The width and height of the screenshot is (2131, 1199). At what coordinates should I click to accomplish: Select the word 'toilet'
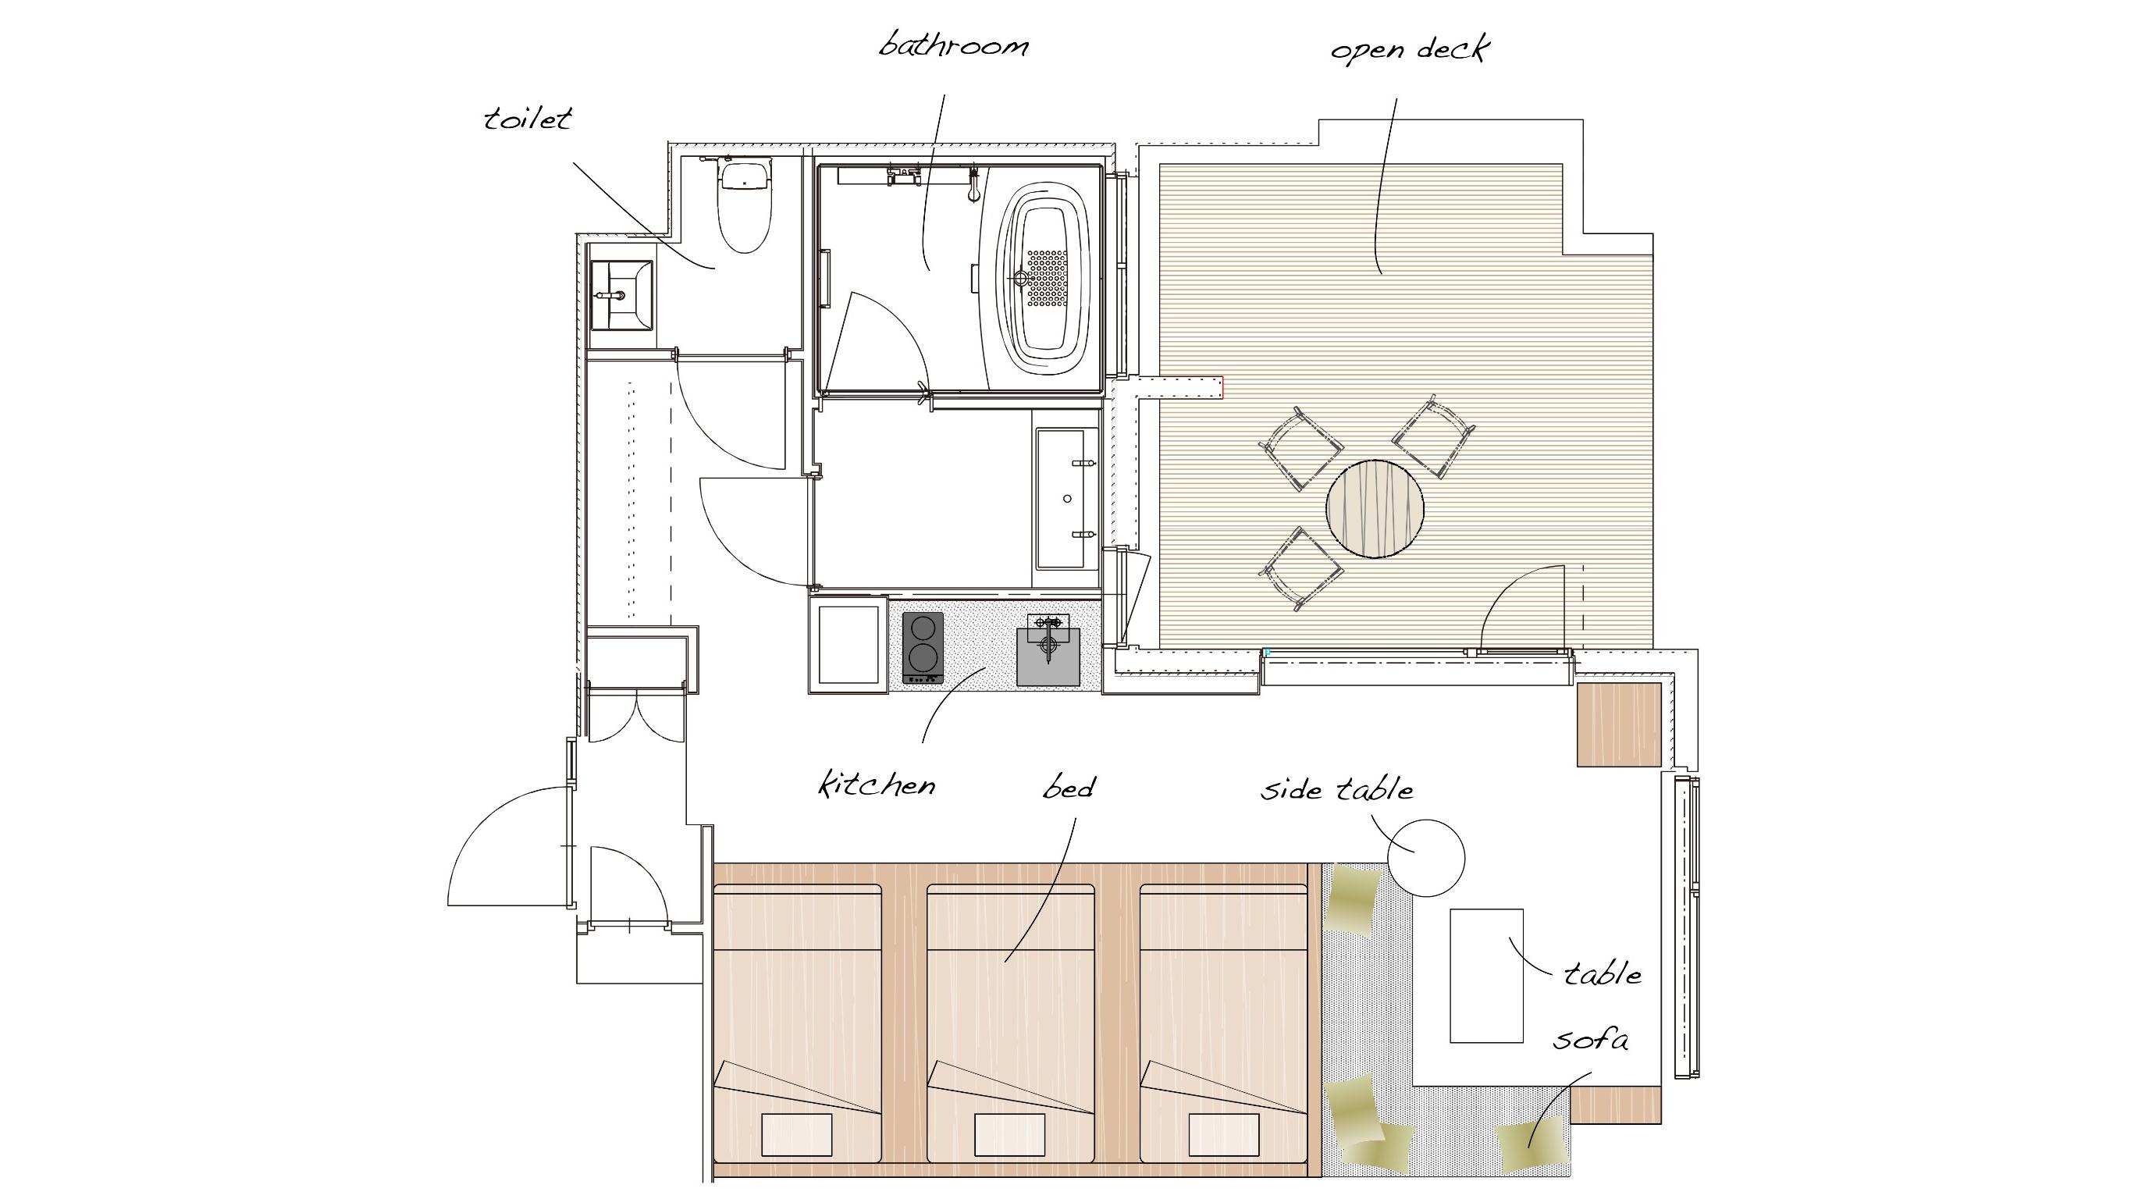tap(528, 119)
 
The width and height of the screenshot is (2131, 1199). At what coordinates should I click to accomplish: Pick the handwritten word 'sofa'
tap(1591, 1038)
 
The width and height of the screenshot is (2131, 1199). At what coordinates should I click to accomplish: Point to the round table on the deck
tap(1375, 508)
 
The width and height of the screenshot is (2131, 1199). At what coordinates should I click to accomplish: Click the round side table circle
tap(1426, 858)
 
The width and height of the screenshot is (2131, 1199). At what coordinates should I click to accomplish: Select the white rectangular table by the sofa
tap(1486, 976)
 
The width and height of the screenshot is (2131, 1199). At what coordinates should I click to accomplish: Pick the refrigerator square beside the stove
tap(848, 645)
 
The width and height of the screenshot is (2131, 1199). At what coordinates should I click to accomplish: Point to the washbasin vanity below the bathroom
tap(1068, 498)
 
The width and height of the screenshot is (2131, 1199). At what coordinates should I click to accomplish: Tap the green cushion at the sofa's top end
tap(1352, 898)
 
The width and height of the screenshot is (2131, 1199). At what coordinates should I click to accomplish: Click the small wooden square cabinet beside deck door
tap(1619, 725)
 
